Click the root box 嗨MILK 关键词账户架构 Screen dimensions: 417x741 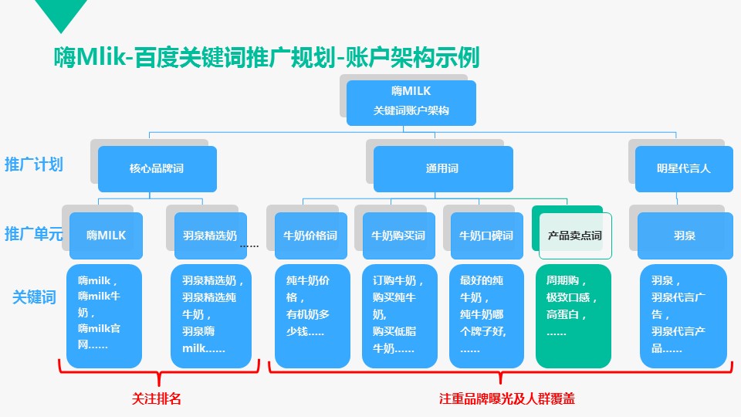click(x=411, y=102)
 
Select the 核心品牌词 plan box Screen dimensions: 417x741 click(x=157, y=168)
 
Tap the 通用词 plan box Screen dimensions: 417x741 click(x=442, y=168)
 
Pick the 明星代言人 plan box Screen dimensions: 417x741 click(x=683, y=168)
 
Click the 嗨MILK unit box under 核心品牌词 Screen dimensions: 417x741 click(x=106, y=236)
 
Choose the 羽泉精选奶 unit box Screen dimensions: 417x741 click(x=210, y=236)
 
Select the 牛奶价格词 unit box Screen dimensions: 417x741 click(x=310, y=236)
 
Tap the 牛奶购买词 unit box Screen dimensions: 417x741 click(x=398, y=236)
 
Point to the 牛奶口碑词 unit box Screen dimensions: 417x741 click(x=486, y=236)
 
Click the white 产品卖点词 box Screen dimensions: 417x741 click(x=574, y=236)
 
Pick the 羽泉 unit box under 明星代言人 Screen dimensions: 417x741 click(x=683, y=236)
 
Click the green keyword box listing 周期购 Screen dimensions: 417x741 click(x=573, y=315)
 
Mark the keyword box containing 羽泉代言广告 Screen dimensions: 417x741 click(x=683, y=315)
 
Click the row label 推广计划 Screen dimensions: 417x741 click(x=34, y=164)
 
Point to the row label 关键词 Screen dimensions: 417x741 click(x=34, y=297)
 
